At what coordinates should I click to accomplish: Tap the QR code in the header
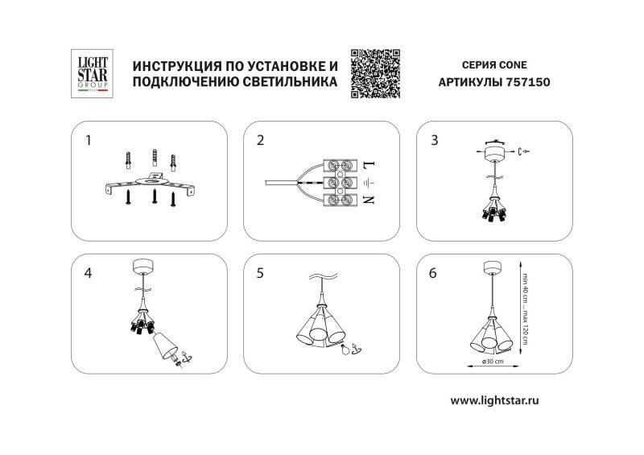[x=376, y=72]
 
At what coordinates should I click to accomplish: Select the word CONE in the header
[x=512, y=64]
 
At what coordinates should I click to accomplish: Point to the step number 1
[x=89, y=140]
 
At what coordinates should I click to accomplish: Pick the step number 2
[x=260, y=140]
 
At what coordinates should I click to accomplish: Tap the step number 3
[x=435, y=140]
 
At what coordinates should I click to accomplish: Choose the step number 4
[x=89, y=273]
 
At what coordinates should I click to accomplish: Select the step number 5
[x=260, y=273]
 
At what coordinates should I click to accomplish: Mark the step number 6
[x=435, y=273]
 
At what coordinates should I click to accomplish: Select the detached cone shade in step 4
[x=167, y=345]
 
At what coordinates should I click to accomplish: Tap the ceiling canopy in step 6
[x=489, y=268]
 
